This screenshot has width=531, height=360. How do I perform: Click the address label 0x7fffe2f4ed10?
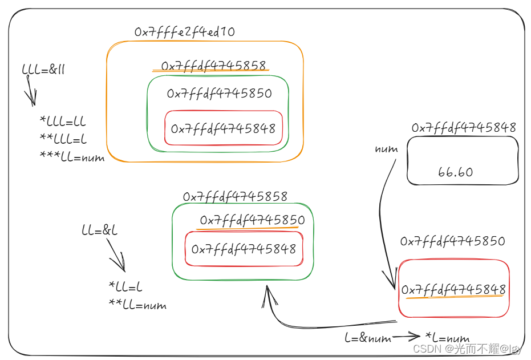click(x=184, y=32)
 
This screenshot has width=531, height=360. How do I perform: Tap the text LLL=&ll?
click(x=43, y=70)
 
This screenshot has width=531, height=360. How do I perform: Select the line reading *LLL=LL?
click(x=62, y=121)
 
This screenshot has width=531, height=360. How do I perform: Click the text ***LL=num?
click(x=72, y=157)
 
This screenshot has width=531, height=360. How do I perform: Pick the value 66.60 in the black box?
click(x=455, y=172)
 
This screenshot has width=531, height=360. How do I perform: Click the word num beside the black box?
click(x=386, y=149)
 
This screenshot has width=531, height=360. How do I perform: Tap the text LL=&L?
click(x=100, y=231)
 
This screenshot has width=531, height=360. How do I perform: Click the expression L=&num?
click(x=368, y=338)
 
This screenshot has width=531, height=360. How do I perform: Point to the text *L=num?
click(x=447, y=338)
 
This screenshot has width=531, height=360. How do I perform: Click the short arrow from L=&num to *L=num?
click(x=407, y=337)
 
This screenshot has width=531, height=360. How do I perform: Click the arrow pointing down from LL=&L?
click(x=116, y=254)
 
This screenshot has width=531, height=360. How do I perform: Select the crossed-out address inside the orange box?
click(x=214, y=66)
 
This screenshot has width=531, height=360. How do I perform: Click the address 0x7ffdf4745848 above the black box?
click(x=464, y=127)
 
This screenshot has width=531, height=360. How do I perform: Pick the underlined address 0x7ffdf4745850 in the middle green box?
click(x=252, y=220)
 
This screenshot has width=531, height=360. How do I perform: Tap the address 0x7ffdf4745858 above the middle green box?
click(x=235, y=196)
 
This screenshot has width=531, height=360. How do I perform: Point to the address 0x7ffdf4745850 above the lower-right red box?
click(x=452, y=241)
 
